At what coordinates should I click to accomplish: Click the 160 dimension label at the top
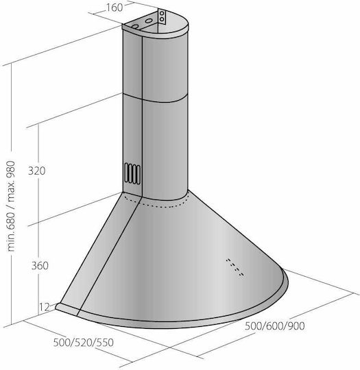click(115, 8)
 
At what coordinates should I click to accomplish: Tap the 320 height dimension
click(36, 171)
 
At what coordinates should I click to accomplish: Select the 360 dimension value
click(40, 266)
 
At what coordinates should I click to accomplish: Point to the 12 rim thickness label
click(45, 307)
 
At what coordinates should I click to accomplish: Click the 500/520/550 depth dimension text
click(84, 343)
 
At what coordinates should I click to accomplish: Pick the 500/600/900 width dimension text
click(274, 326)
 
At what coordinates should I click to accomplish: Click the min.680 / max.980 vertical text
click(11, 206)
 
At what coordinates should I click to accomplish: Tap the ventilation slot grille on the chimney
click(132, 173)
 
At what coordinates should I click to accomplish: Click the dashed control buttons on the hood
click(235, 267)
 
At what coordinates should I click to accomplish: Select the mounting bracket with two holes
click(162, 16)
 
